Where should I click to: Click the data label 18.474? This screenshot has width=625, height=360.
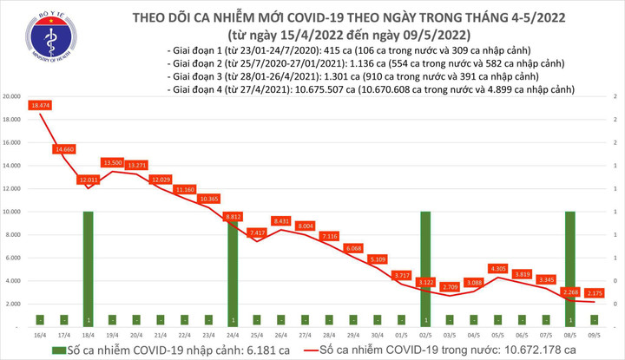[40, 105]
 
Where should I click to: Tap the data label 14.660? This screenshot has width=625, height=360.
[64, 149]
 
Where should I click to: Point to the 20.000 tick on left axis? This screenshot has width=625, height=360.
[13, 96]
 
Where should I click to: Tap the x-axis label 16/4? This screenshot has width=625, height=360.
[40, 334]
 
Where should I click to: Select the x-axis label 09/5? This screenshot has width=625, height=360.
[594, 334]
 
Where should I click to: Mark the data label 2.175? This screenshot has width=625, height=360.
[594, 293]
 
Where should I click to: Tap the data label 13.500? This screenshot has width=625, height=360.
[113, 162]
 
